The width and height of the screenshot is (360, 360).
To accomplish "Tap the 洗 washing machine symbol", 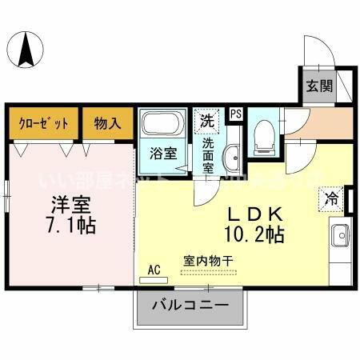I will click(x=207, y=122).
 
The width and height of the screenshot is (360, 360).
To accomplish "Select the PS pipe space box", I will click(x=235, y=114).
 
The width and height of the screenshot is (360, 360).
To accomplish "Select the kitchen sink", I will click(x=338, y=237).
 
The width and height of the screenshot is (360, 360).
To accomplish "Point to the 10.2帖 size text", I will click(x=255, y=235).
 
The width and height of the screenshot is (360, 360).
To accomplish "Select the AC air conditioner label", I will click(x=154, y=270).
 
